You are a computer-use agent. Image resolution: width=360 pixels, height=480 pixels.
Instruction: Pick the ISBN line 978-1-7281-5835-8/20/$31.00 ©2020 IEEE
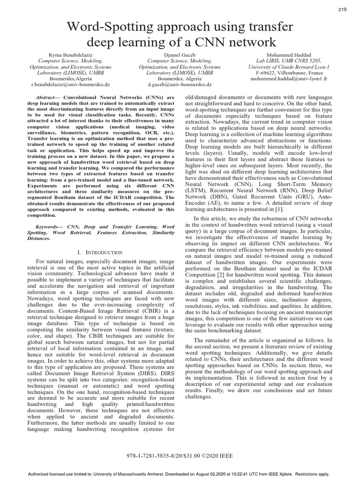click(180, 456)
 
